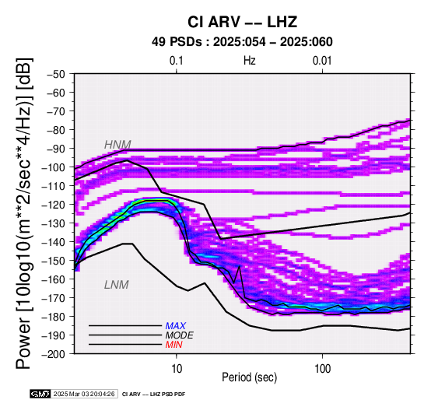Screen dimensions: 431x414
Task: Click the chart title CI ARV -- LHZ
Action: coord(242,22)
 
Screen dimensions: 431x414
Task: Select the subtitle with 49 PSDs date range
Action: coord(242,42)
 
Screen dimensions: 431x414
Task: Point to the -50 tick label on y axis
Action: coord(55,74)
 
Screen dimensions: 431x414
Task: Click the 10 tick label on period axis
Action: coord(177,368)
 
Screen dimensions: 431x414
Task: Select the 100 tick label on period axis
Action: coord(322,368)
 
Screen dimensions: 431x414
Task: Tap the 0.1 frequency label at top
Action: coord(176,61)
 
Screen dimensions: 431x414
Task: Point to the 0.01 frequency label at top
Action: coord(322,61)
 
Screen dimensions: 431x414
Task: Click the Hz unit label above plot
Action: coord(250,61)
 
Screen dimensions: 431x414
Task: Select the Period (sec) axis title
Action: coord(250,377)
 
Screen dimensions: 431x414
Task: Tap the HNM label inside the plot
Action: coord(117,144)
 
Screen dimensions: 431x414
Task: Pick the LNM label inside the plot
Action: coord(117,285)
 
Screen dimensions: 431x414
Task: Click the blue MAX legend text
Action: coord(176,326)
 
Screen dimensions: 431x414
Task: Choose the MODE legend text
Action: coord(180,335)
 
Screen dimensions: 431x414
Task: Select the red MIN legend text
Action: coord(174,345)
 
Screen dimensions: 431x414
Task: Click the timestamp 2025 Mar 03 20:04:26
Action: coord(84,394)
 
